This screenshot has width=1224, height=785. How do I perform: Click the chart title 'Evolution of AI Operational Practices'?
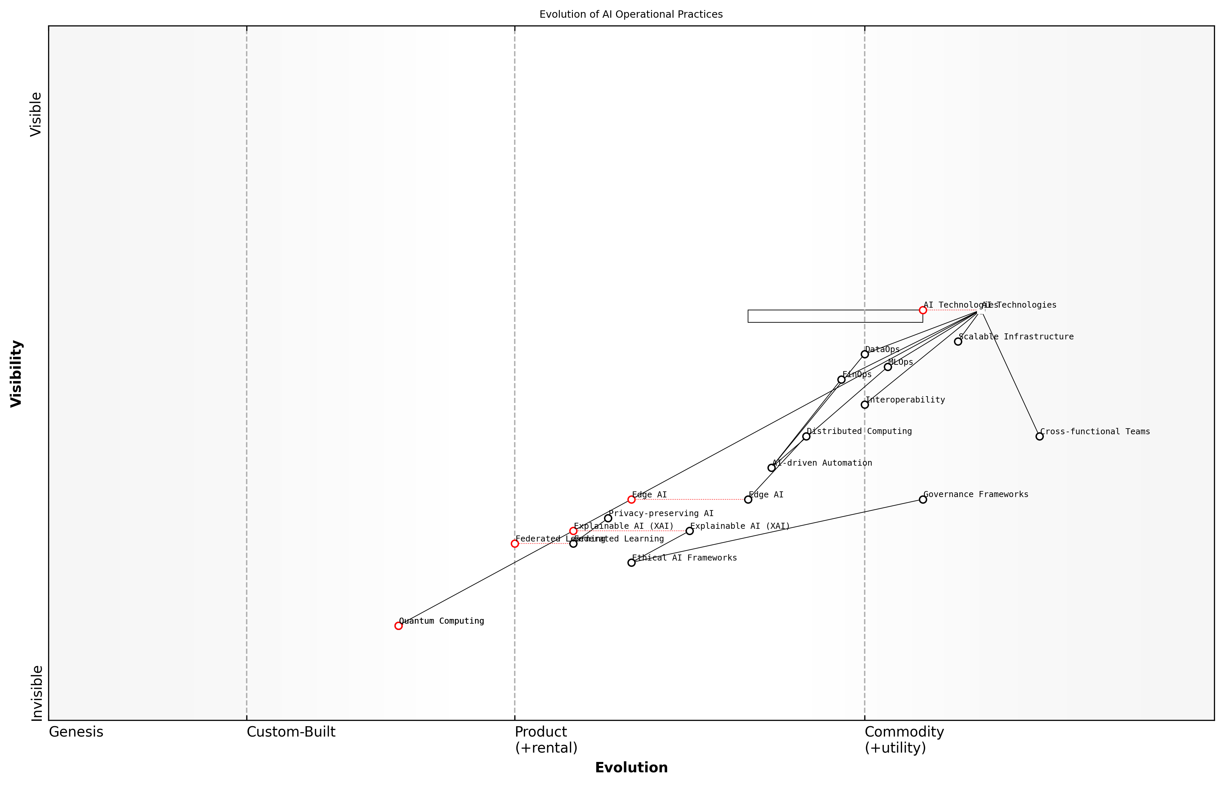[x=631, y=14]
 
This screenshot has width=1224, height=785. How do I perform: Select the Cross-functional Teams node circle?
[x=1039, y=436]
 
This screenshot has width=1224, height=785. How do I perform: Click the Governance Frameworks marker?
[x=923, y=499]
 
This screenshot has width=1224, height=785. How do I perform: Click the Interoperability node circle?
[x=864, y=405]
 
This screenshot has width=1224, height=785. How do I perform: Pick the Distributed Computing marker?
[x=806, y=436]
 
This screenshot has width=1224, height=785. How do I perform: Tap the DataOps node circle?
[x=864, y=354]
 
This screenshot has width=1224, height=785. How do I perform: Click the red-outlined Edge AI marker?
[x=631, y=499]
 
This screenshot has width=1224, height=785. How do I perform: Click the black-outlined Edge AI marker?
[x=748, y=499]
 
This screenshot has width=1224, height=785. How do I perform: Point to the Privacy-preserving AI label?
[x=661, y=513]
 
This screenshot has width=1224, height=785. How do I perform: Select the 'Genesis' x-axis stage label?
[x=76, y=732]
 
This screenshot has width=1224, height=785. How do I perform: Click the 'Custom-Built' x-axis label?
[x=291, y=732]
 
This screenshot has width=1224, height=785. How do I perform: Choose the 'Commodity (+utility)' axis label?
[x=904, y=740]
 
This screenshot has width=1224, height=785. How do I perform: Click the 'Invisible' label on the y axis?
[x=36, y=693]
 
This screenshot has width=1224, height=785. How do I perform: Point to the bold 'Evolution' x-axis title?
[x=631, y=767]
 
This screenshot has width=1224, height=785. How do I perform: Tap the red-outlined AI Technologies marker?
[x=923, y=310]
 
